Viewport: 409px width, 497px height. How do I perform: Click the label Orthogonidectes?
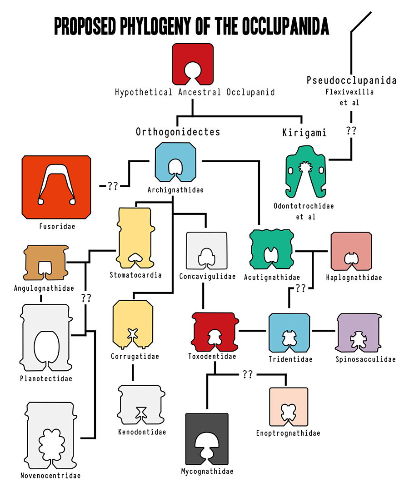click(178, 132)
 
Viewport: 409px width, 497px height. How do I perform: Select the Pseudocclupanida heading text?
click(351, 81)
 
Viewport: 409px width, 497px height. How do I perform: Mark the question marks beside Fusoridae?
click(113, 185)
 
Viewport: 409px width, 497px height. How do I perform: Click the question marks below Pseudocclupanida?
click(351, 131)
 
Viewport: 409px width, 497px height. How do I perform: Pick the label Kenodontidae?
click(142, 432)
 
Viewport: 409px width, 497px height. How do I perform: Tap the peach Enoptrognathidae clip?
click(289, 406)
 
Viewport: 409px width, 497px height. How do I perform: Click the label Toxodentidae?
click(212, 356)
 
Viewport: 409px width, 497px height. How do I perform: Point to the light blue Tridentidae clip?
click(289, 333)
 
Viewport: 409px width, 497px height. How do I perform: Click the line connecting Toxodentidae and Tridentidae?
click(252, 330)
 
